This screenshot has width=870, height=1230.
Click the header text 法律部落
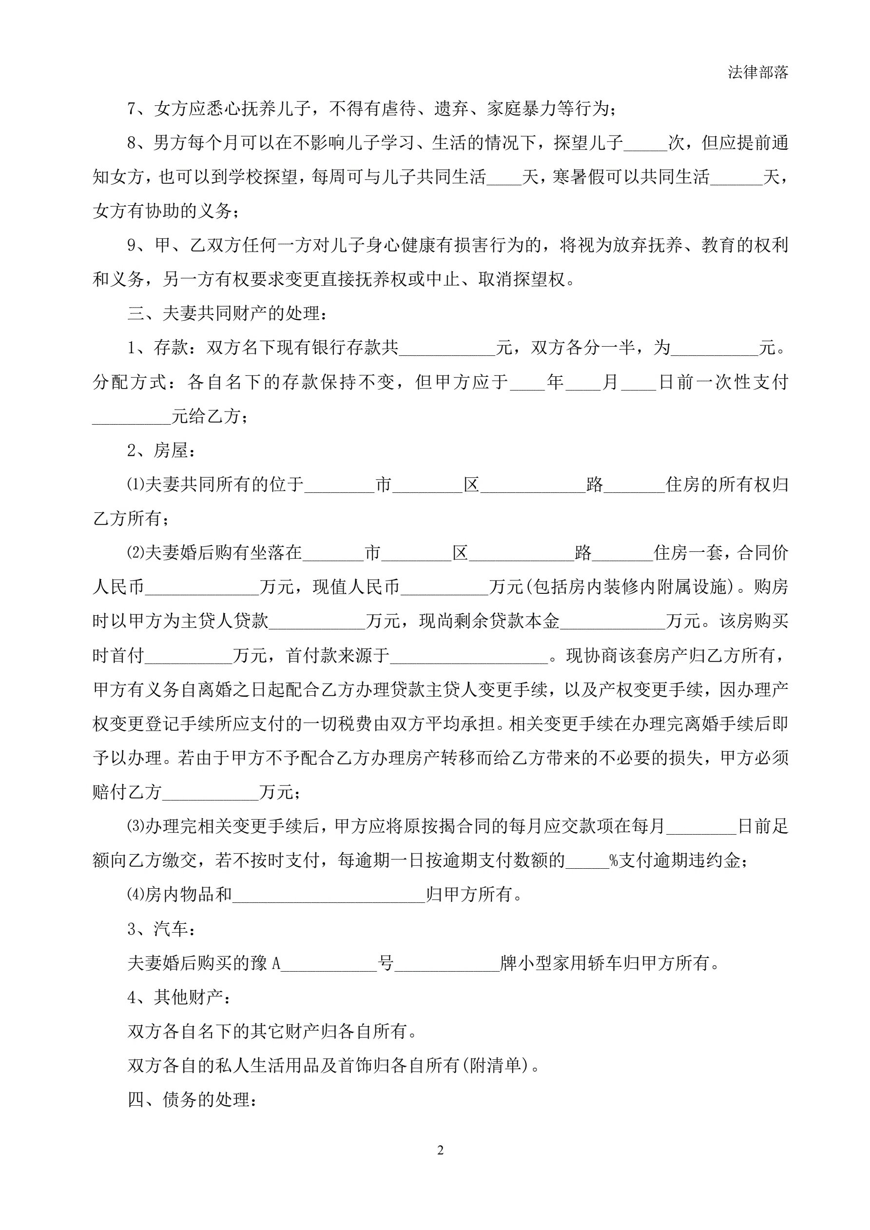coord(757,73)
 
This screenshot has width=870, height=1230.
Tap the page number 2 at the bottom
coord(440,1150)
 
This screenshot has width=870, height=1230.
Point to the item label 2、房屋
coord(161,450)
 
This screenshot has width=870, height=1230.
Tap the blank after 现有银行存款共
coord(447,349)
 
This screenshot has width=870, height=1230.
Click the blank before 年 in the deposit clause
coord(528,383)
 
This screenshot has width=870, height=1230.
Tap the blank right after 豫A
coord(329,964)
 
